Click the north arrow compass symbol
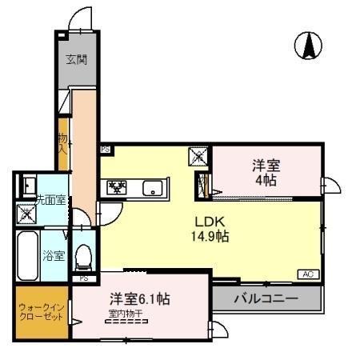(307, 46)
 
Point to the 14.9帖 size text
(210, 236)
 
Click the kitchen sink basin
(151, 189)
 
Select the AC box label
(308, 274)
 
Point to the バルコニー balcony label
(266, 298)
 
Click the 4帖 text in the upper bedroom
(266, 180)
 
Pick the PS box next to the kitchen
(105, 150)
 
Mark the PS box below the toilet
(83, 278)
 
